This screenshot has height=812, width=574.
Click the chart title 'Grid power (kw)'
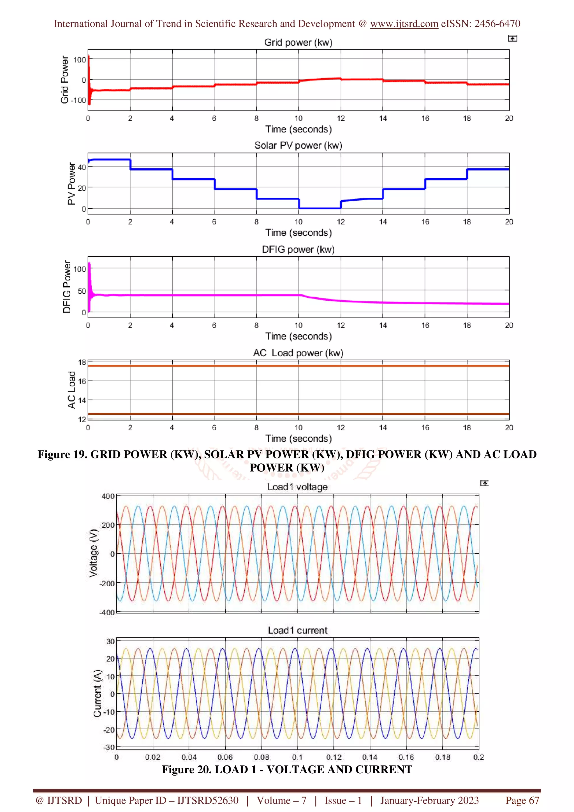298,42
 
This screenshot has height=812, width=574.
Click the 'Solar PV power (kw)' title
298,146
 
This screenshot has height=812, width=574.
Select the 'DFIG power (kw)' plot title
298,249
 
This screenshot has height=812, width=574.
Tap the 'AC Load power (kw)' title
298,353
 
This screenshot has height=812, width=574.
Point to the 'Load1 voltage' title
297,487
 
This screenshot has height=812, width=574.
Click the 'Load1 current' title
297,630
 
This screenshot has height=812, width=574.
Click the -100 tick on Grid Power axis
78,100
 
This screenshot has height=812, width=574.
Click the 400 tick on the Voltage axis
108,496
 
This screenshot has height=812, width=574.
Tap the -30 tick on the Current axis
109,747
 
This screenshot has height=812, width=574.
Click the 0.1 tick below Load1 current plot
297,757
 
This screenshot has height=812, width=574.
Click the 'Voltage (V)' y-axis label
93,553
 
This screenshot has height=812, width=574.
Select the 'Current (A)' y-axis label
97,693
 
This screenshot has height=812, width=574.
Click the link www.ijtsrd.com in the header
404,24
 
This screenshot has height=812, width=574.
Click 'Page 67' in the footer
522,800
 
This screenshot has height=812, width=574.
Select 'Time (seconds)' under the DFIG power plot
298,336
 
